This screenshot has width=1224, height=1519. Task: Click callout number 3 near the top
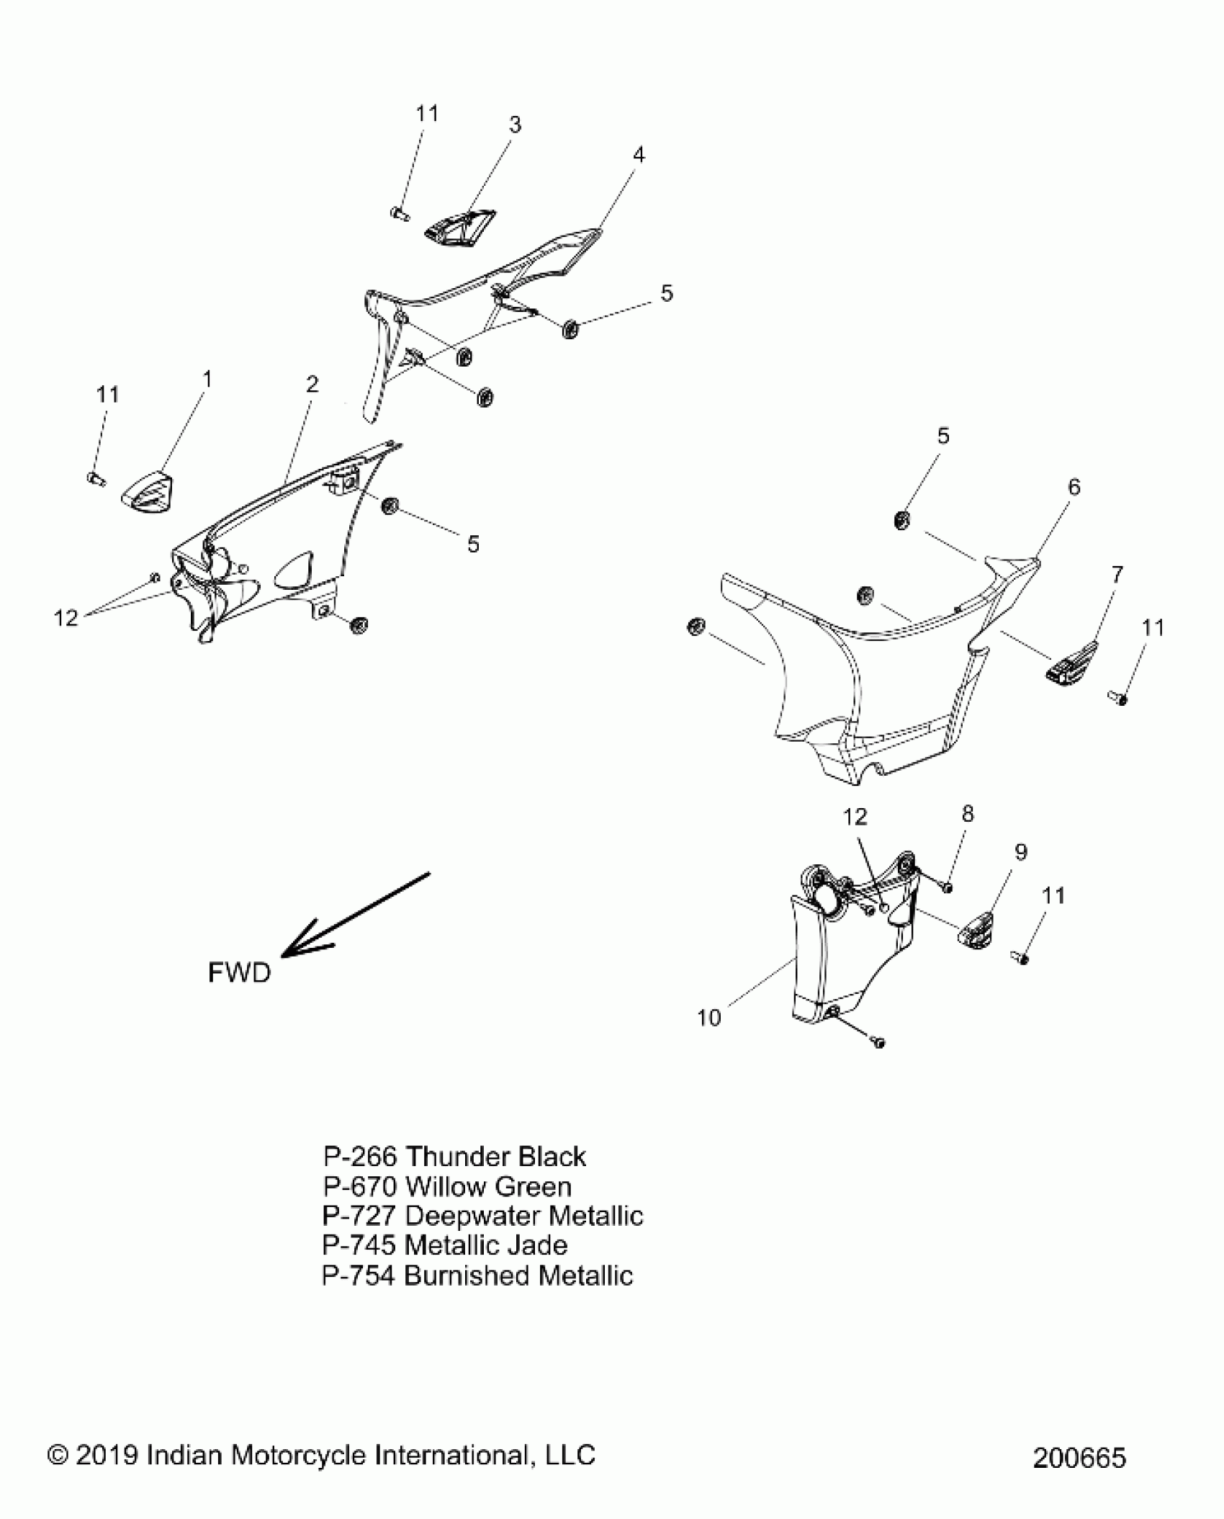(515, 125)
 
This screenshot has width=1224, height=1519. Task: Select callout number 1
(207, 380)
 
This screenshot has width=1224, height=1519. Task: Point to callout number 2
(312, 385)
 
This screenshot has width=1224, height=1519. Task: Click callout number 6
(1074, 488)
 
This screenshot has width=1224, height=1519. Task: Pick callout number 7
(1117, 575)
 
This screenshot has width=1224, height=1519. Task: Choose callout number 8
(967, 814)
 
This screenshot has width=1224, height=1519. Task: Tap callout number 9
(1020, 852)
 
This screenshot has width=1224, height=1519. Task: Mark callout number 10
(709, 1018)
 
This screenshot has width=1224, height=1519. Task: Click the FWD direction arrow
(353, 916)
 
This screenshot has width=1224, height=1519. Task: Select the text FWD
(239, 973)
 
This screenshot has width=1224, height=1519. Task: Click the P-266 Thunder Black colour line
(454, 1157)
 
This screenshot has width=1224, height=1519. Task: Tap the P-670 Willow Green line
(447, 1186)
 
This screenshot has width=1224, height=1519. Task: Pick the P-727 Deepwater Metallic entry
(482, 1216)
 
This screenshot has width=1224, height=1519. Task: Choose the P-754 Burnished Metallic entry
(477, 1276)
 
